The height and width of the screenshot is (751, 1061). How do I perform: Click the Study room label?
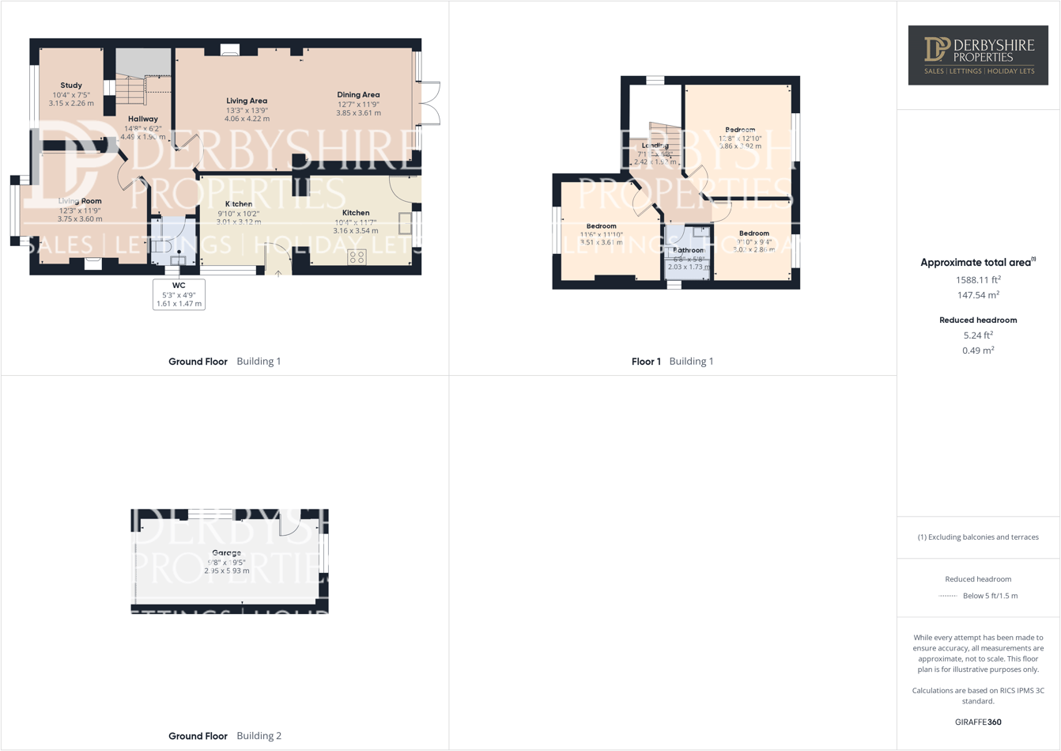pyautogui.click(x=71, y=85)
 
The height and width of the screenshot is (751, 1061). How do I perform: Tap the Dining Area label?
pyautogui.click(x=358, y=95)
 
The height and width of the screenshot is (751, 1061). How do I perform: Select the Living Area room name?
pyautogui.click(x=247, y=101)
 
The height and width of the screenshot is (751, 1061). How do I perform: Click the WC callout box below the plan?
pyautogui.click(x=179, y=294)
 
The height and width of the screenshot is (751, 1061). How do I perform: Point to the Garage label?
pyautogui.click(x=226, y=553)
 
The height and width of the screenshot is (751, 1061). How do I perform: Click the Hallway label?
pyautogui.click(x=143, y=119)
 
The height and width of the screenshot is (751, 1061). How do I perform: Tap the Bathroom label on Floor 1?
pyautogui.click(x=688, y=250)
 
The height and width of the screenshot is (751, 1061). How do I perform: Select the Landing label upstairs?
pyautogui.click(x=655, y=146)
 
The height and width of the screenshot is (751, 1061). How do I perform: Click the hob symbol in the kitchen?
pyautogui.click(x=357, y=256)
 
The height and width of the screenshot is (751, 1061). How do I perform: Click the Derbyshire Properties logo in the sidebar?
pyautogui.click(x=978, y=55)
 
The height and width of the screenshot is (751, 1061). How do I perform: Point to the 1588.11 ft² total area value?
pyautogui.click(x=978, y=280)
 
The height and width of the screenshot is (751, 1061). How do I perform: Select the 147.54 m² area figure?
pyautogui.click(x=978, y=295)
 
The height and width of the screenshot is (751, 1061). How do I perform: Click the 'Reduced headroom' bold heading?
pyautogui.click(x=978, y=321)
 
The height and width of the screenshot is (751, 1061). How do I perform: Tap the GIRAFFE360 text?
pyautogui.click(x=978, y=722)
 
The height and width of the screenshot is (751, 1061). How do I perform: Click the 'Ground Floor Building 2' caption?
pyautogui.click(x=225, y=736)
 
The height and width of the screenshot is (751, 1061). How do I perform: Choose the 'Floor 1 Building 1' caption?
pyautogui.click(x=672, y=362)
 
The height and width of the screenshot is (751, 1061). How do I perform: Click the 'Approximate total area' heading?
pyautogui.click(x=977, y=263)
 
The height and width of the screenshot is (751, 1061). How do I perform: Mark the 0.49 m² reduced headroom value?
pyautogui.click(x=978, y=351)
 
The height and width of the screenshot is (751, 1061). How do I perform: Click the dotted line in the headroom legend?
pyautogui.click(x=947, y=596)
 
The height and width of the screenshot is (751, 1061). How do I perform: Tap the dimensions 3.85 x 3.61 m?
pyautogui.click(x=358, y=113)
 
